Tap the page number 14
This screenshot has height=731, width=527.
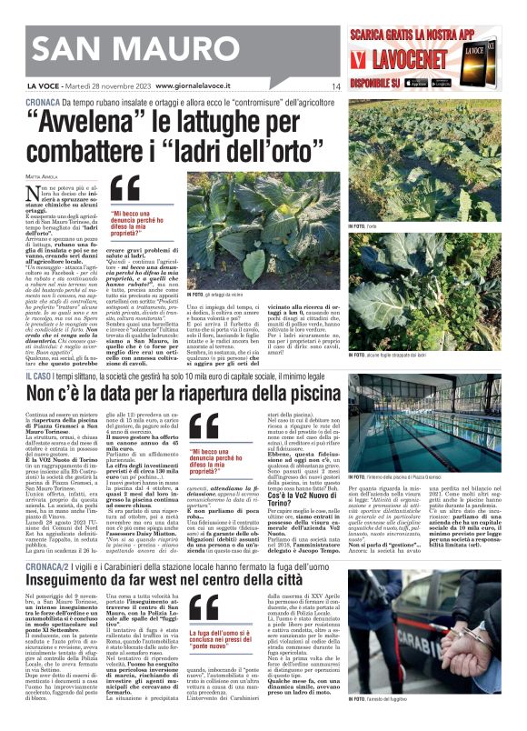pyautogui.click(x=335, y=86)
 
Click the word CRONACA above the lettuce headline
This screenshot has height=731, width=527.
pyautogui.click(x=45, y=103)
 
